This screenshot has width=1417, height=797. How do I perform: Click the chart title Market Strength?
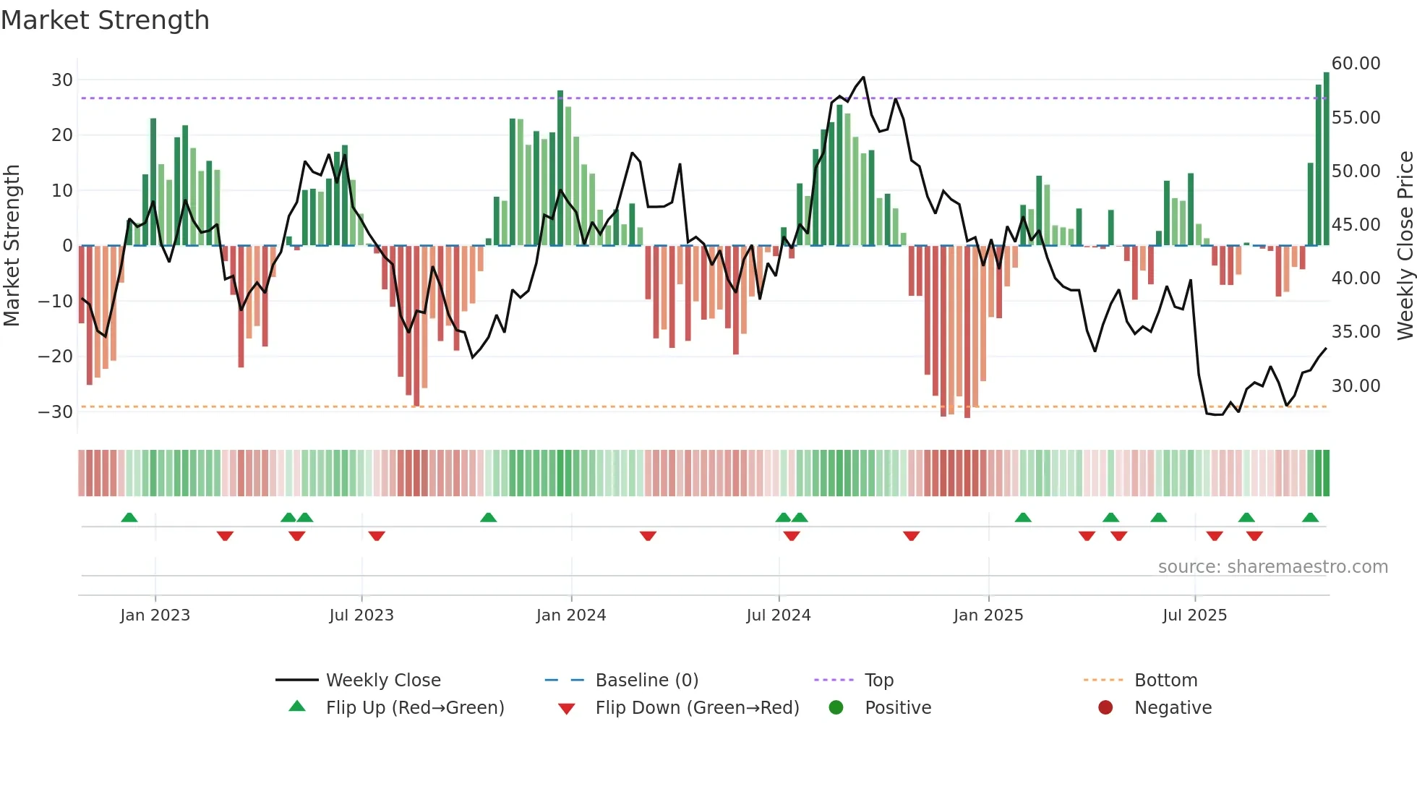105,20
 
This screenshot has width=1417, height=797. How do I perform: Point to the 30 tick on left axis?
61,80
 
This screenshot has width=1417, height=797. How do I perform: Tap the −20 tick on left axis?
56,357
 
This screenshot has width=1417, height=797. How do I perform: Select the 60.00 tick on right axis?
1356,64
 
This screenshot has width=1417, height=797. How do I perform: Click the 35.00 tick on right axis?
1356,332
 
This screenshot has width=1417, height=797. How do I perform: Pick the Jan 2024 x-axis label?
570,615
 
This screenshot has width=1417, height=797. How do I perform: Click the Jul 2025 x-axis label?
1194,615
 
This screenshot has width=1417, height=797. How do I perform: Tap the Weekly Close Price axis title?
1405,246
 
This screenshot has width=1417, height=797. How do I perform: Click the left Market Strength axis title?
12,246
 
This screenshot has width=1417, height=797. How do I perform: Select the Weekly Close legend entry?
382,681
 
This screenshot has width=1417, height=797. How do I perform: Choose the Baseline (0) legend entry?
646,681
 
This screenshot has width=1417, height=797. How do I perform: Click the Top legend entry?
878,681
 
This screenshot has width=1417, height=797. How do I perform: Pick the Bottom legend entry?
1165,681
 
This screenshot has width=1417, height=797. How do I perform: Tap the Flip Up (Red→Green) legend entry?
414,708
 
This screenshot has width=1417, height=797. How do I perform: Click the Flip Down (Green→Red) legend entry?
697,708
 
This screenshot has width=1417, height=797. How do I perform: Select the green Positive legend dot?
836,708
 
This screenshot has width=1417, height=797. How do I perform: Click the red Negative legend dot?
1105,708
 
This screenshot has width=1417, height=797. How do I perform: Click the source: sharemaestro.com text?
1272,567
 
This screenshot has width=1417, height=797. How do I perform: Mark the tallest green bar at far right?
1326,159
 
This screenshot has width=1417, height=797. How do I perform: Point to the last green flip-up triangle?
1310,518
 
